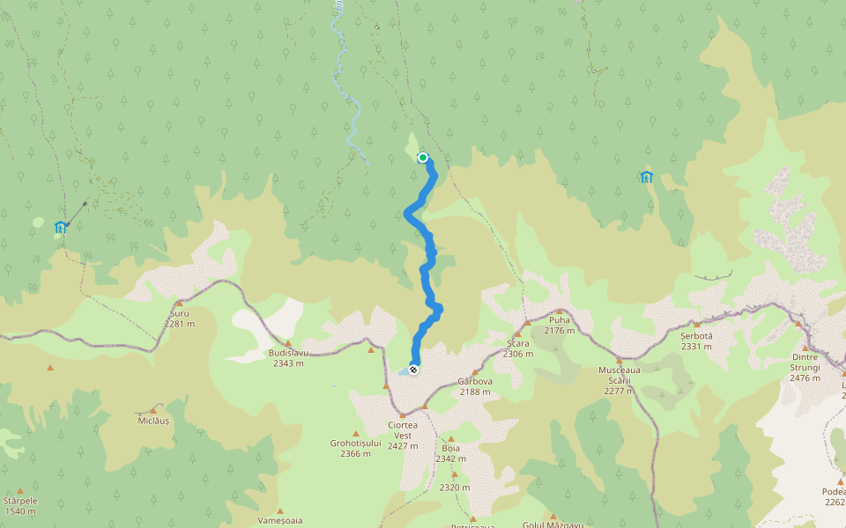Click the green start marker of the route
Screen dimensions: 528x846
tap(423, 158)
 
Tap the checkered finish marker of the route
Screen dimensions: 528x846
tap(412, 370)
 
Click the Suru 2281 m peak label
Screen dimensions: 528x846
tap(178, 319)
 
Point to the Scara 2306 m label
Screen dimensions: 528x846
tap(518, 348)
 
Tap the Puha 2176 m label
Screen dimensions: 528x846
tap(560, 325)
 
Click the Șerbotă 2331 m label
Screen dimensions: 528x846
tap(696, 341)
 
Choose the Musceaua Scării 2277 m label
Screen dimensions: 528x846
tap(620, 379)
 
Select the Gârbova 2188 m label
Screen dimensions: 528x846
tap(474, 386)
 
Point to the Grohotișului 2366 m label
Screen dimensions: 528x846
tap(355, 448)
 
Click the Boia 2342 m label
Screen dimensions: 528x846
tap(450, 453)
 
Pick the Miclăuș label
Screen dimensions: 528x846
tap(153, 422)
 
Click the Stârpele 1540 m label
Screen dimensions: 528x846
tap(19, 505)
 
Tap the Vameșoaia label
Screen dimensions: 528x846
tap(280, 520)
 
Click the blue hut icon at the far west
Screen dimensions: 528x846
tap(60, 227)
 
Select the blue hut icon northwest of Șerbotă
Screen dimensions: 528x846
tap(647, 177)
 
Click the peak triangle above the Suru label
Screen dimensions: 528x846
tap(178, 304)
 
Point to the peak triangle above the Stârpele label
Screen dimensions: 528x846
tap(19, 491)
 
